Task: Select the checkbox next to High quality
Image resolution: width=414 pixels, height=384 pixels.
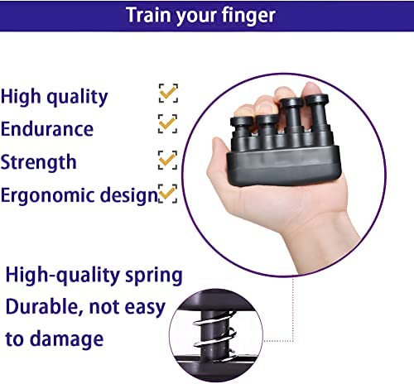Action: point(168,94)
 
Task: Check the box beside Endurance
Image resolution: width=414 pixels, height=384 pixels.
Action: point(167,123)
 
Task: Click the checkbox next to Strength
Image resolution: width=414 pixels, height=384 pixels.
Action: point(167,160)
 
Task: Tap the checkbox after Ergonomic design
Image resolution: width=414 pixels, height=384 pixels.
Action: point(167,194)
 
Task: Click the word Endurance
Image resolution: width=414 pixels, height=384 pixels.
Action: point(47,129)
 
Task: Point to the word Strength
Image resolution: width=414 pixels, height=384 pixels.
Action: point(38,161)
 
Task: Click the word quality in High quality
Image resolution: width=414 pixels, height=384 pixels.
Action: point(77,97)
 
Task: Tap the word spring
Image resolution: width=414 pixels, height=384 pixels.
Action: point(154,276)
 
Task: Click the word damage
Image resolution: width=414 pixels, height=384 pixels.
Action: point(66,339)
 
